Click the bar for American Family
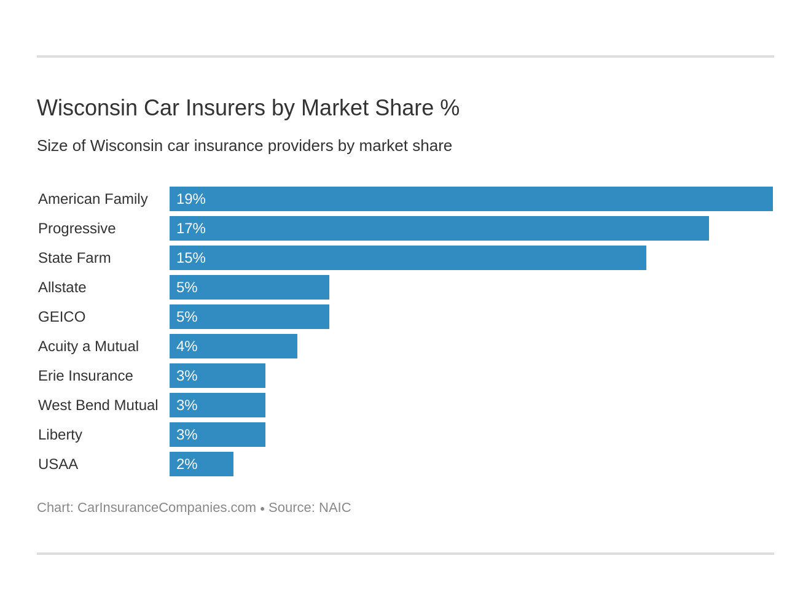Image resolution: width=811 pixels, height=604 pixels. [x=471, y=199]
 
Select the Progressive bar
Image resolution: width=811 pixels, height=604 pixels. [x=439, y=228]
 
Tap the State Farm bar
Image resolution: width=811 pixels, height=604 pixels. [x=407, y=258]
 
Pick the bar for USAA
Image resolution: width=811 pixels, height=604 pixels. [x=201, y=464]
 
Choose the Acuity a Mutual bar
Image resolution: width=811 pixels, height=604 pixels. [x=233, y=346]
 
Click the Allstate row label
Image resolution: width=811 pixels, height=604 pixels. [x=62, y=287]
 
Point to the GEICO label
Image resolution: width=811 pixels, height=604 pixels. [x=61, y=317]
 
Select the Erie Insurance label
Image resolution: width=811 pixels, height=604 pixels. [x=85, y=376]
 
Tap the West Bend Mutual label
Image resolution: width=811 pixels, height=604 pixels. [x=98, y=405]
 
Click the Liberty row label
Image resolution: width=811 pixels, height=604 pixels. [x=60, y=435]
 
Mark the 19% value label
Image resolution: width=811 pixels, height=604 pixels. [x=190, y=199]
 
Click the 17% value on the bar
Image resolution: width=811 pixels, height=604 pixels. [x=190, y=228]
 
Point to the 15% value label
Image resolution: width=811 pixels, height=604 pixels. [x=190, y=258]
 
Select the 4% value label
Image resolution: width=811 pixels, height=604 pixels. [x=187, y=346]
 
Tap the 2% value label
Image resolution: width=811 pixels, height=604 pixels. [x=187, y=464]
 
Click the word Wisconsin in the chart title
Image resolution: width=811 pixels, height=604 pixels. [x=87, y=108]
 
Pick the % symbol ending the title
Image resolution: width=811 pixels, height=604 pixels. [x=450, y=108]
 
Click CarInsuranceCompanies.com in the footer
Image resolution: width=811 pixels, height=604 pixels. [x=167, y=508]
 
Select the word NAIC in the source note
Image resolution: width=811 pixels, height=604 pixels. [x=335, y=508]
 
